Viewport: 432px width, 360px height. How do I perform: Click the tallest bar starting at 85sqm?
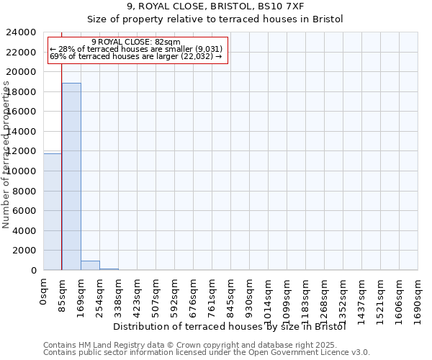point(71,176)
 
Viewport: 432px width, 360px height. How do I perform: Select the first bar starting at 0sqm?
point(53,212)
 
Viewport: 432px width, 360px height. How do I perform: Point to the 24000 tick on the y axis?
point(22,32)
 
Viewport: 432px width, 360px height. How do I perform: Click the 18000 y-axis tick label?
point(22,92)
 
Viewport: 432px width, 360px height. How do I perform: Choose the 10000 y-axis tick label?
point(22,171)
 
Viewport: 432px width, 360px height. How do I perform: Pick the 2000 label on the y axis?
point(25,251)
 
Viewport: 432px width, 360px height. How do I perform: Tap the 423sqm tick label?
point(137,294)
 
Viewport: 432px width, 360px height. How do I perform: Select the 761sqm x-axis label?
point(212,294)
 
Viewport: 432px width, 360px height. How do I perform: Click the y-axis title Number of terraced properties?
point(6,155)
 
